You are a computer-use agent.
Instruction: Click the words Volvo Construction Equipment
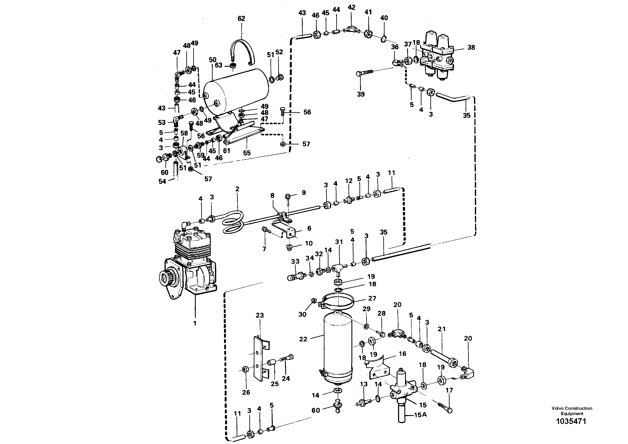[572, 411]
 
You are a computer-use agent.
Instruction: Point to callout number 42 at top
[351, 7]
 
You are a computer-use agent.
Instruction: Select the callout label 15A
[420, 415]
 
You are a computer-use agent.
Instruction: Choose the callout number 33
[295, 261]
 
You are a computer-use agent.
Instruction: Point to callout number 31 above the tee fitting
[339, 242]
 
